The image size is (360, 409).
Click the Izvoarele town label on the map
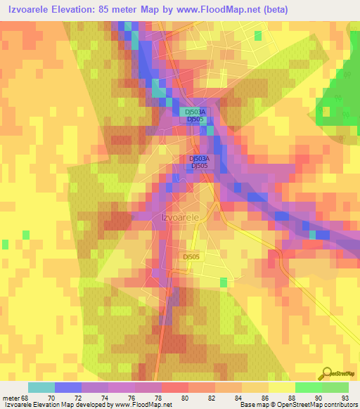click(181, 217)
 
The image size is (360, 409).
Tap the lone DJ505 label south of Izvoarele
click(191, 257)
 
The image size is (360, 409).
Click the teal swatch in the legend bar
click(41, 387)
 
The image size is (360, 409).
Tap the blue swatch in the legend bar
click(67, 387)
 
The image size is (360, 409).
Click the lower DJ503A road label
click(199, 158)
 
